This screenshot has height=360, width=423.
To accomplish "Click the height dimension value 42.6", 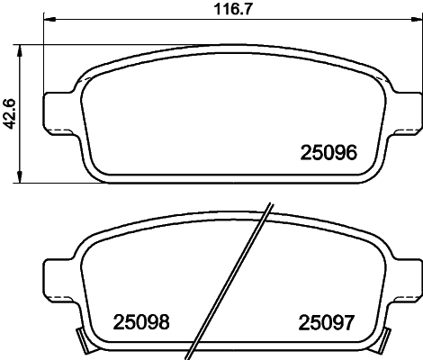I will pos(10,114).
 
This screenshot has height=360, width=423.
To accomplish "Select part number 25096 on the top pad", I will pos(329,154).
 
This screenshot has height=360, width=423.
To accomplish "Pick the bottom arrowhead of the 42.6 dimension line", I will pos(22,179).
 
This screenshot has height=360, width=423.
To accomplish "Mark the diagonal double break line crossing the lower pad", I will pos(232,279).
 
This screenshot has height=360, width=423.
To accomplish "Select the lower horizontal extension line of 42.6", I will pos(54,184).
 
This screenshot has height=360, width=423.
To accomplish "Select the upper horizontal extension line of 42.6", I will pos(54,42).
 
